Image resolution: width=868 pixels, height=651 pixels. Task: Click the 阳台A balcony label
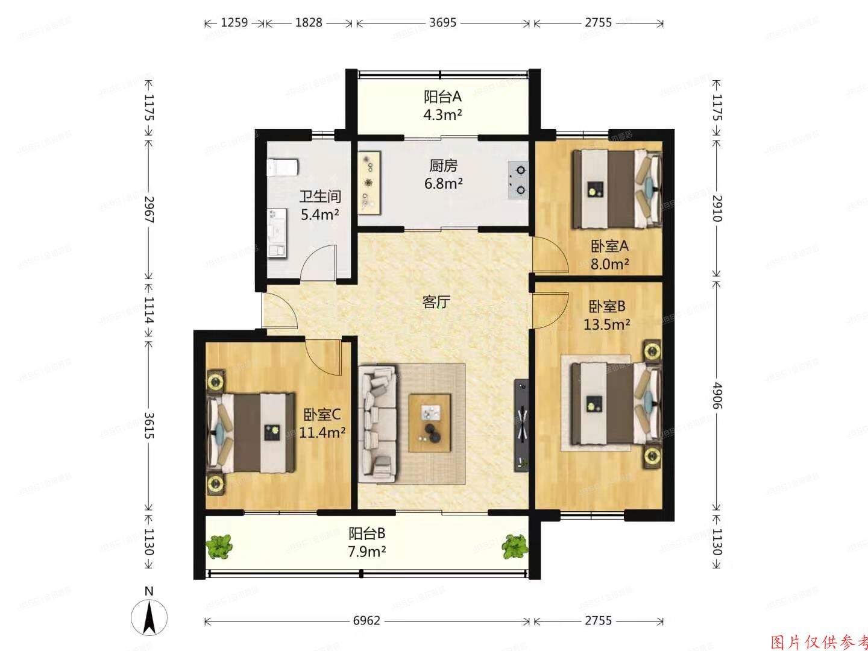[442, 96]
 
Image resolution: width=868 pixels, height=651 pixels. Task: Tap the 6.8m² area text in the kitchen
[443, 184]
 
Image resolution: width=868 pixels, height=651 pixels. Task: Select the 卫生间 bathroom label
[320, 197]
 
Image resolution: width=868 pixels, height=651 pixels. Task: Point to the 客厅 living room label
[436, 302]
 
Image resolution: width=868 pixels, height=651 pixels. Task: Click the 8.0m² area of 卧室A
[610, 264]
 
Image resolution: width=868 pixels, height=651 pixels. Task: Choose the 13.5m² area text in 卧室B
[606, 325]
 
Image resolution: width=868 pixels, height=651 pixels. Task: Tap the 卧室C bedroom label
[322, 415]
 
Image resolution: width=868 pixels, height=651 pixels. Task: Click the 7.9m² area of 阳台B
[366, 552]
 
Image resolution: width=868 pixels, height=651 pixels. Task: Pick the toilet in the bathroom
[282, 166]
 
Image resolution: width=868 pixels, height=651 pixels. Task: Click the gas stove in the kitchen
[518, 180]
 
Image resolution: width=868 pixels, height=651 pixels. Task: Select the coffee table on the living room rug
[430, 422]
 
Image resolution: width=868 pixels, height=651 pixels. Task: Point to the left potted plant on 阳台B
[218, 546]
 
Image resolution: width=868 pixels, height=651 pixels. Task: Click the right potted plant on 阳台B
[514, 546]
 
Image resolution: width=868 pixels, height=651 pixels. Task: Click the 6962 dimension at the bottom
[366, 620]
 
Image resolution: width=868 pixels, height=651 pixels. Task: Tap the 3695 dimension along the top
[442, 23]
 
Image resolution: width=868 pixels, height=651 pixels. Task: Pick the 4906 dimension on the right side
[716, 395]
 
